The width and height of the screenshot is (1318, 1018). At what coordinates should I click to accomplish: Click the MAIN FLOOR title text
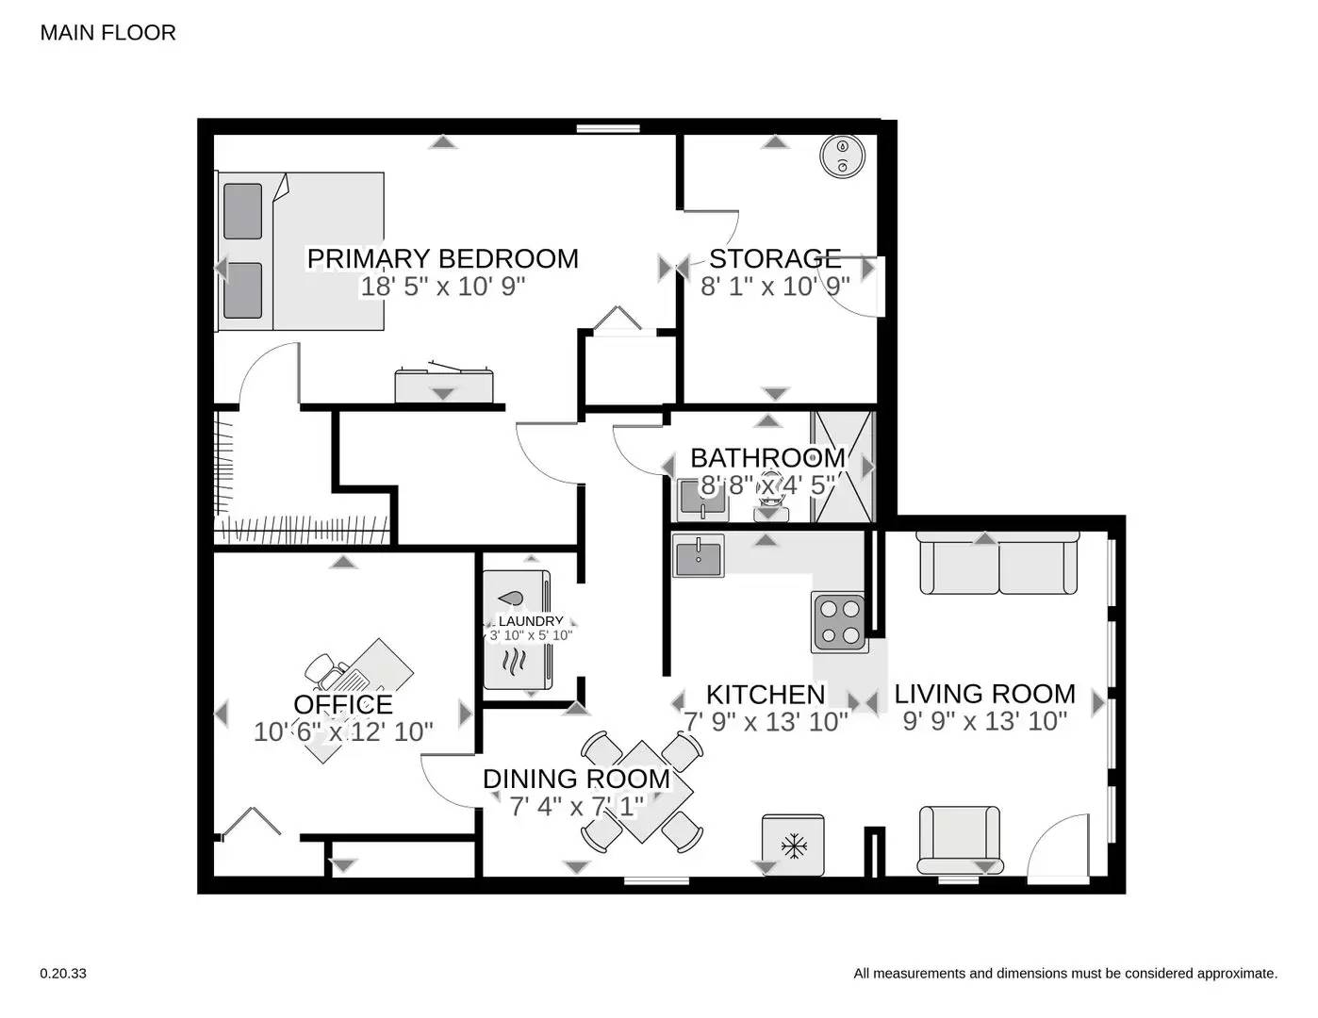pyautogui.click(x=107, y=33)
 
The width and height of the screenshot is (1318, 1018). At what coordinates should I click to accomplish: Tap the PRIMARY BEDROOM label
pyautogui.click(x=442, y=258)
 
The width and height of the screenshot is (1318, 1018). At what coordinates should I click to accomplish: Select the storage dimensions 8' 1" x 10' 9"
pyautogui.click(x=775, y=287)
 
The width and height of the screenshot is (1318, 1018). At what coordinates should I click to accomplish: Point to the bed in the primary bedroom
pyautogui.click(x=301, y=251)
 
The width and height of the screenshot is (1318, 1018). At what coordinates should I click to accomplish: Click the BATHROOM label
pyautogui.click(x=767, y=458)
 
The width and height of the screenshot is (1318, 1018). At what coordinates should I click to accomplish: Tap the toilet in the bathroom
pyautogui.click(x=771, y=500)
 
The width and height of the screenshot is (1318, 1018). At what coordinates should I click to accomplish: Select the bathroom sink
pyautogui.click(x=701, y=499)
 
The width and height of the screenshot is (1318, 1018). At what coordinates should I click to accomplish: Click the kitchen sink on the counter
pyautogui.click(x=698, y=555)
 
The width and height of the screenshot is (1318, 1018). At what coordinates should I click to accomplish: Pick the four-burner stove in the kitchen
pyautogui.click(x=839, y=622)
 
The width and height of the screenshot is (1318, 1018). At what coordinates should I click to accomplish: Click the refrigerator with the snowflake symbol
pyautogui.click(x=794, y=845)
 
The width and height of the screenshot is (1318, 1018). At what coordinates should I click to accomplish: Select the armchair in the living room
pyautogui.click(x=959, y=838)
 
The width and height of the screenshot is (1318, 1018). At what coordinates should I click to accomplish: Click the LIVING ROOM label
pyautogui.click(x=984, y=695)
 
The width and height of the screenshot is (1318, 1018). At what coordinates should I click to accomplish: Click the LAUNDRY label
pyautogui.click(x=530, y=621)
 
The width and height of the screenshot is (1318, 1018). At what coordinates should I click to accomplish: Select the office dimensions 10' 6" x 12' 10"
pyautogui.click(x=343, y=731)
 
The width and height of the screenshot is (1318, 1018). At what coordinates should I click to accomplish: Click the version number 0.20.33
pyautogui.click(x=63, y=974)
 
